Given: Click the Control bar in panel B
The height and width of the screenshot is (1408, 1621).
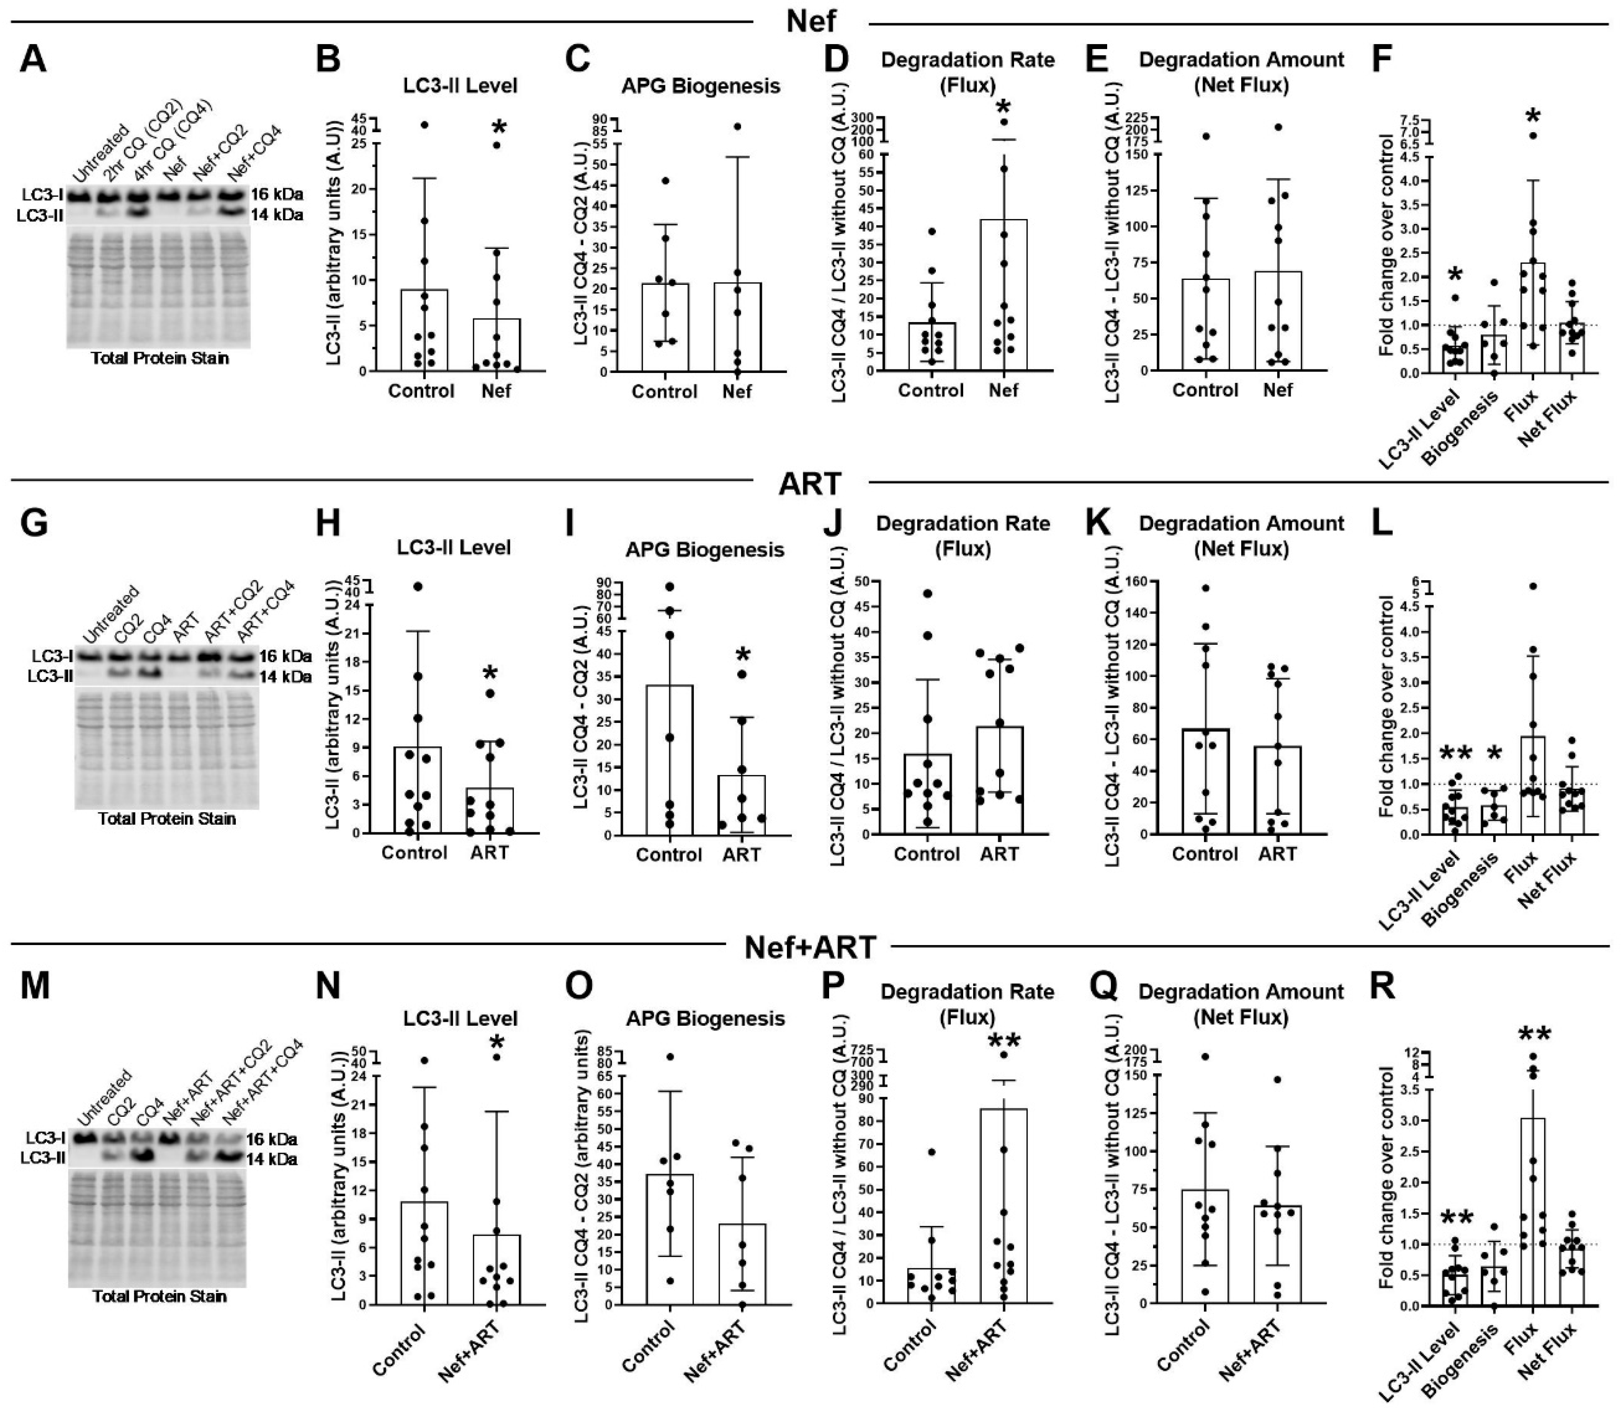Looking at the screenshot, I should pyautogui.click(x=424, y=330).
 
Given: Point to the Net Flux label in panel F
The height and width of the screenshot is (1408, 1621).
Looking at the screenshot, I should pyautogui.click(x=1550, y=420).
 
